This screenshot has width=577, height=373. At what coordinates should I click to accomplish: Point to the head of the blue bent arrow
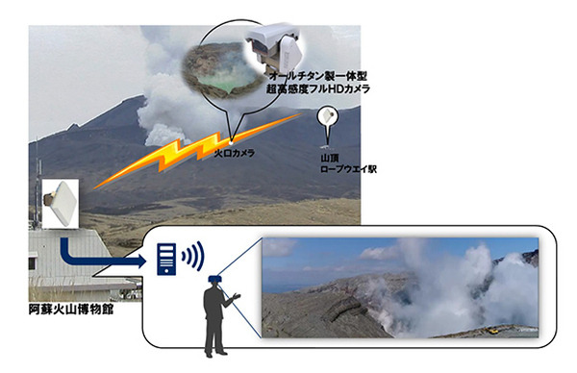point(143,258)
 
